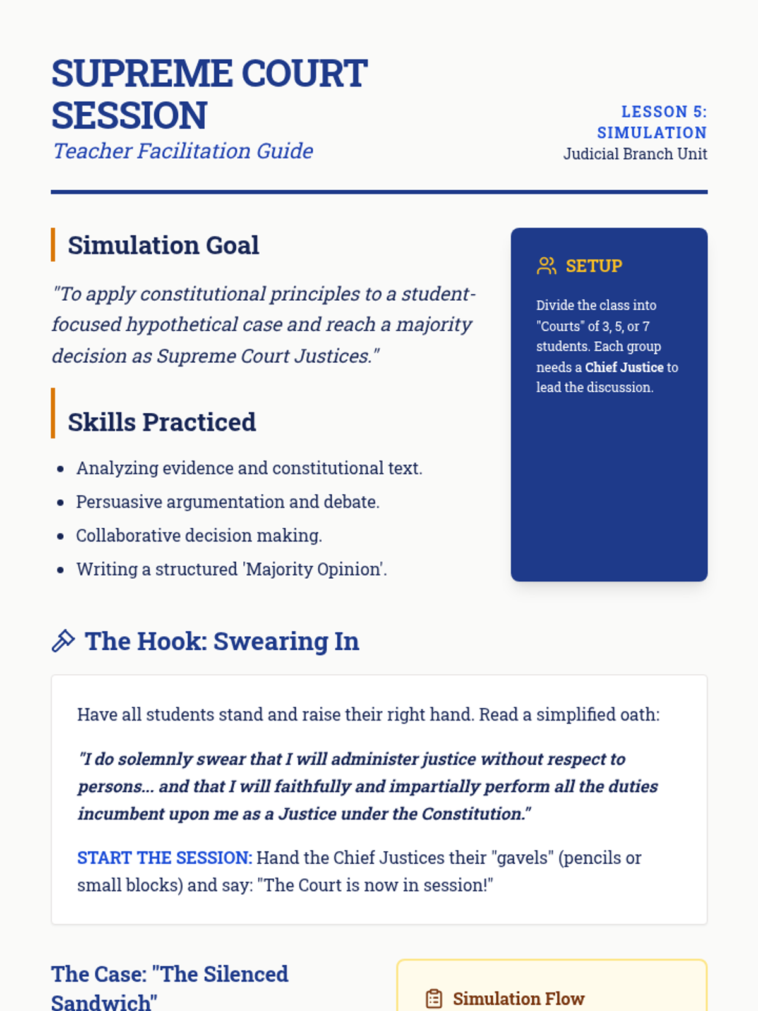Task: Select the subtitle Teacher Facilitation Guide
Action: click(x=183, y=151)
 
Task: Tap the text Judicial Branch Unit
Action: click(x=635, y=154)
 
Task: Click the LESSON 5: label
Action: click(x=663, y=112)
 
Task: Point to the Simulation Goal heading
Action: click(x=163, y=245)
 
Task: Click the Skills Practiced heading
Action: click(x=162, y=422)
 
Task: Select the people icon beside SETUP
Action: click(x=546, y=266)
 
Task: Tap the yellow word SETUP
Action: click(x=594, y=266)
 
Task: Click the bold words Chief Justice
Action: click(x=624, y=367)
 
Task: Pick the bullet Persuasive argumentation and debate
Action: click(x=227, y=502)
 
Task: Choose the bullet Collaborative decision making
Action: click(x=199, y=535)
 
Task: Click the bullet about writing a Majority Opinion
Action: click(x=231, y=569)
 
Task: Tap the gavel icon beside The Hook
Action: click(x=63, y=641)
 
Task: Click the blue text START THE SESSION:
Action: click(x=164, y=857)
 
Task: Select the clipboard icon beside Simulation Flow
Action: click(x=434, y=998)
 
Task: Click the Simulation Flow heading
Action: click(x=519, y=998)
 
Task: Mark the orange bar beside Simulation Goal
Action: click(x=53, y=245)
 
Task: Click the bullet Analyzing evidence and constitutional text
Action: click(x=249, y=468)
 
